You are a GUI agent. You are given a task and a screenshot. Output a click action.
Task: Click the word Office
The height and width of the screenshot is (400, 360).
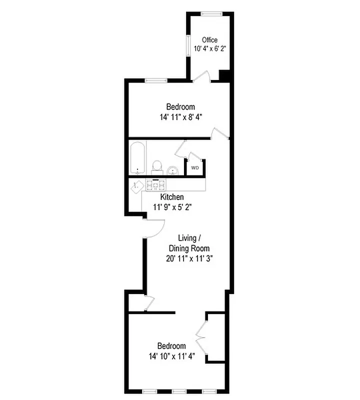coord(209,40)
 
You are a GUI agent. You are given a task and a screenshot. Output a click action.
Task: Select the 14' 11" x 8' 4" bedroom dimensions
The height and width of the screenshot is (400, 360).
coord(180,116)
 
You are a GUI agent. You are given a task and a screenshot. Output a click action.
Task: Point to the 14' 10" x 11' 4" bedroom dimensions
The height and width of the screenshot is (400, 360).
coord(171,356)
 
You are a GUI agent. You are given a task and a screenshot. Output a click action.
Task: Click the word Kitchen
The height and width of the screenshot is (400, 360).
coord(171,197)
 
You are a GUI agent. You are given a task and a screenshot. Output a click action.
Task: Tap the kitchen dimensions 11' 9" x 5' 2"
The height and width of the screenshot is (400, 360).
coord(171,206)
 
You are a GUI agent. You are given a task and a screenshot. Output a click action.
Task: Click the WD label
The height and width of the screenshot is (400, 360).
coord(195,168)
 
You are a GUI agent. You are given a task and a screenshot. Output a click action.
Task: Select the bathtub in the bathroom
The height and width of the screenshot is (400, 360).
coord(137,158)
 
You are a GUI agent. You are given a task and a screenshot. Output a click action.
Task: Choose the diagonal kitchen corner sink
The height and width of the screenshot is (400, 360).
coord(137,185)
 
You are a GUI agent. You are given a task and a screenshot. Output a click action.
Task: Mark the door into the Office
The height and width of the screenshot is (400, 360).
coord(201,76)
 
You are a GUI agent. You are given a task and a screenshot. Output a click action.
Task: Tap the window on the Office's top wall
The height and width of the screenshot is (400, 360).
coord(210,13)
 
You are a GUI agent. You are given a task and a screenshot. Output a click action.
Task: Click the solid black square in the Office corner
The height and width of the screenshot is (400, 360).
coord(224,75)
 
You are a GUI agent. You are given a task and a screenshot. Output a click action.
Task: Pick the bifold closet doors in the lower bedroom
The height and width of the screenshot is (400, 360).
coord(201,337)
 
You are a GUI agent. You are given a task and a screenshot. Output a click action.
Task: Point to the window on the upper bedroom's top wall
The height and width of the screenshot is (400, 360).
coord(156,80)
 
